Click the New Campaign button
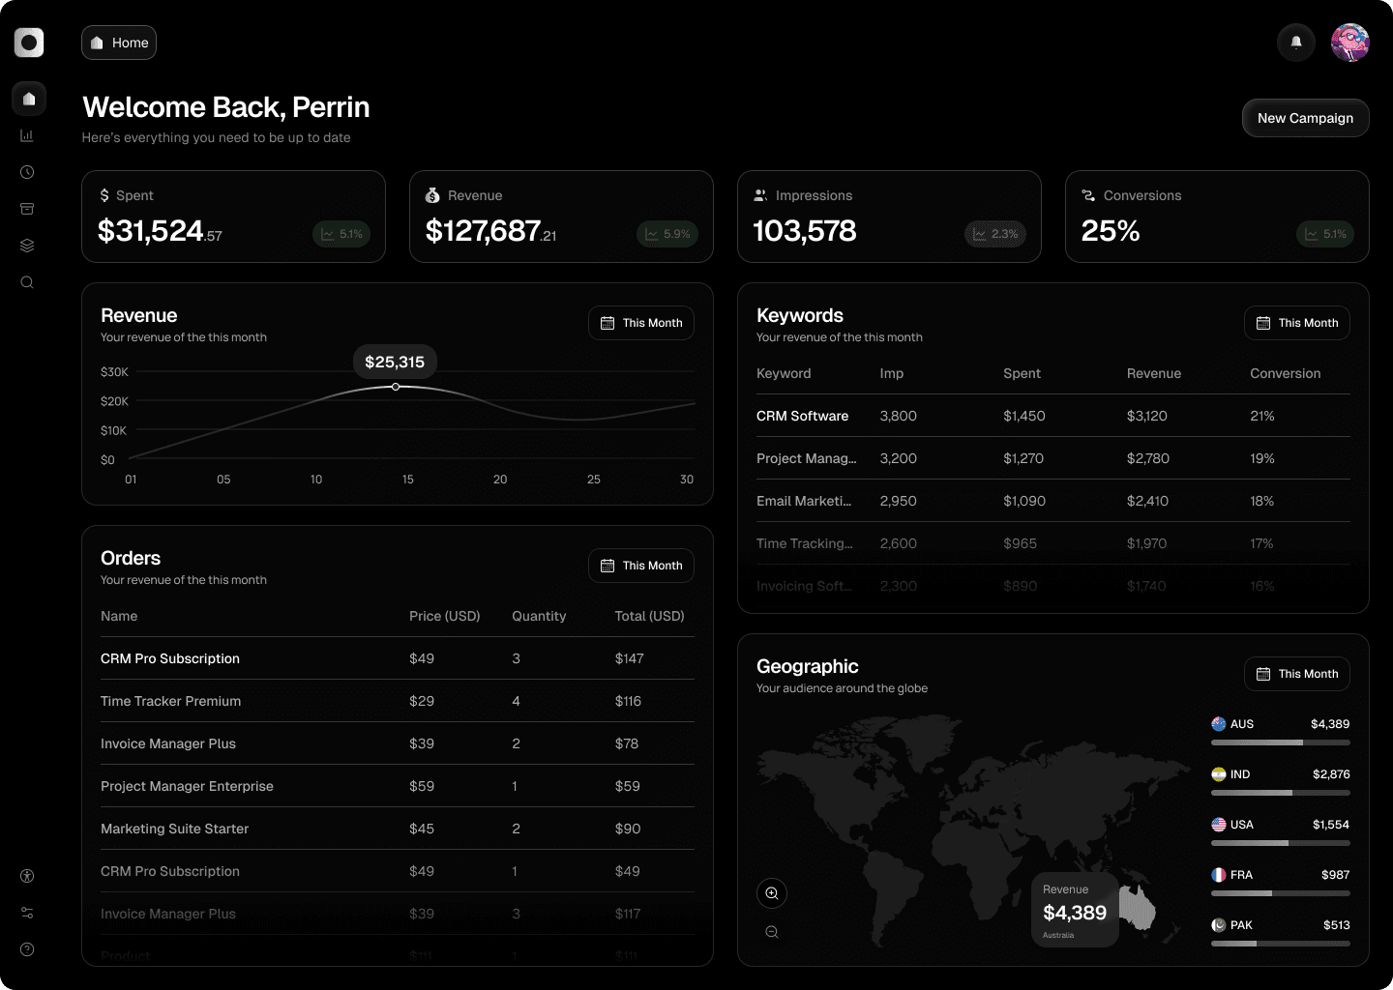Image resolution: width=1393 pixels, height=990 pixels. [1305, 118]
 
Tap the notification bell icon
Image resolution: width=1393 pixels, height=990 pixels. [1296, 43]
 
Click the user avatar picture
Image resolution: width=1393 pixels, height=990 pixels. [1349, 43]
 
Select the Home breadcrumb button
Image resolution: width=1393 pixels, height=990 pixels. [119, 43]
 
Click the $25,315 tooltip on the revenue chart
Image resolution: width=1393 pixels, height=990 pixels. [395, 363]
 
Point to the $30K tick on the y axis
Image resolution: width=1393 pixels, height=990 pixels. [114, 372]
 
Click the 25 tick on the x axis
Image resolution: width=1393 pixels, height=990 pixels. [594, 480]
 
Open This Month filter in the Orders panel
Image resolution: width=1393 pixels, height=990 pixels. [641, 566]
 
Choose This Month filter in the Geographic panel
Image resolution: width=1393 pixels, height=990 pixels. [1296, 674]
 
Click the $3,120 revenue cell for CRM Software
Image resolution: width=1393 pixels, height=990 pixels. [1146, 416]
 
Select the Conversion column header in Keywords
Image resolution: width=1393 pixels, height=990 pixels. [1285, 373]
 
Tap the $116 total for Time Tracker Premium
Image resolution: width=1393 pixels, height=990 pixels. [628, 701]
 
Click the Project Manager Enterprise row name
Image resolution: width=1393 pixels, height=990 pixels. [187, 786]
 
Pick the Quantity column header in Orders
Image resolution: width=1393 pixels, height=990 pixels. [539, 616]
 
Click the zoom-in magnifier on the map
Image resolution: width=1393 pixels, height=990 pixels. [772, 893]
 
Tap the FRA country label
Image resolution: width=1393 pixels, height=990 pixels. [1241, 875]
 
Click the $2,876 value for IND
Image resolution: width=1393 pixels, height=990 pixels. [1331, 774]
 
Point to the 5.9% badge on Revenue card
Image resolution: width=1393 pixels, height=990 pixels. [667, 234]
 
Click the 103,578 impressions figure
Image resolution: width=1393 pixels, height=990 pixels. [805, 231]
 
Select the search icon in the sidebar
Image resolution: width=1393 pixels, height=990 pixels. [27, 282]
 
